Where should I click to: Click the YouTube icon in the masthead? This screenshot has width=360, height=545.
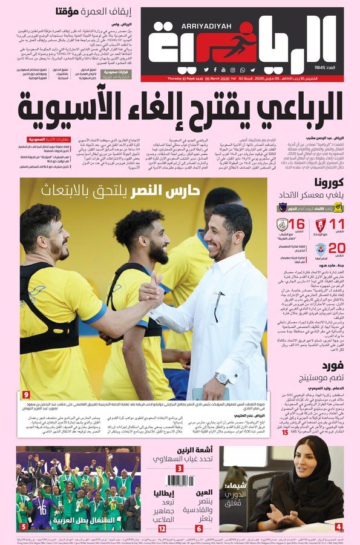(x=214, y=70)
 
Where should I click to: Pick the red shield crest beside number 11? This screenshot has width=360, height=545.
(x=316, y=226)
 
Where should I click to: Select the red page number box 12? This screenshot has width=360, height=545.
(x=162, y=528)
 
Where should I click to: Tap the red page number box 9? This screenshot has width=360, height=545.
(x=26, y=394)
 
